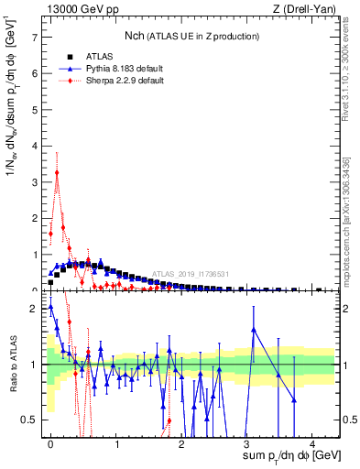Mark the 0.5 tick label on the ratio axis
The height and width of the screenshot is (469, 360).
coord(32,420)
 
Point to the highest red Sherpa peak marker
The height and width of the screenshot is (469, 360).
coord(57,172)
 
